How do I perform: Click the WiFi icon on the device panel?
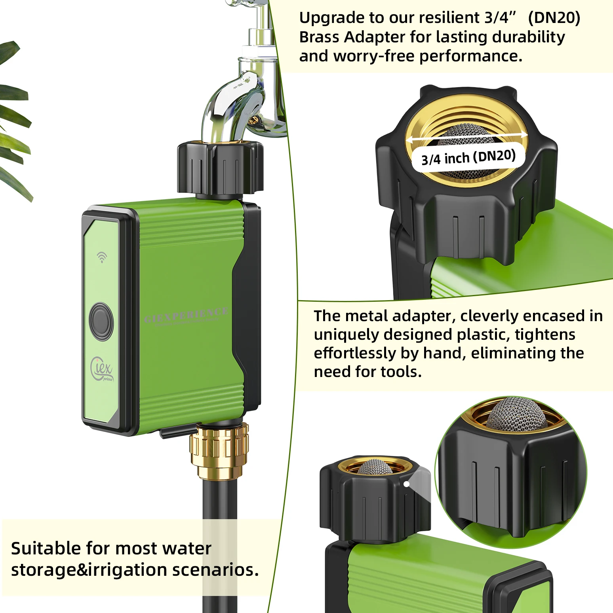pos(102,257)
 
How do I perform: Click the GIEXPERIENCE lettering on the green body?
pos(186,315)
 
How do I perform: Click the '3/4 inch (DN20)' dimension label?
pos(468,157)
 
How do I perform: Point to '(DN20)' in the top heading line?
pos(554,18)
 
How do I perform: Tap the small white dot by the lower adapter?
pos(406,484)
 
